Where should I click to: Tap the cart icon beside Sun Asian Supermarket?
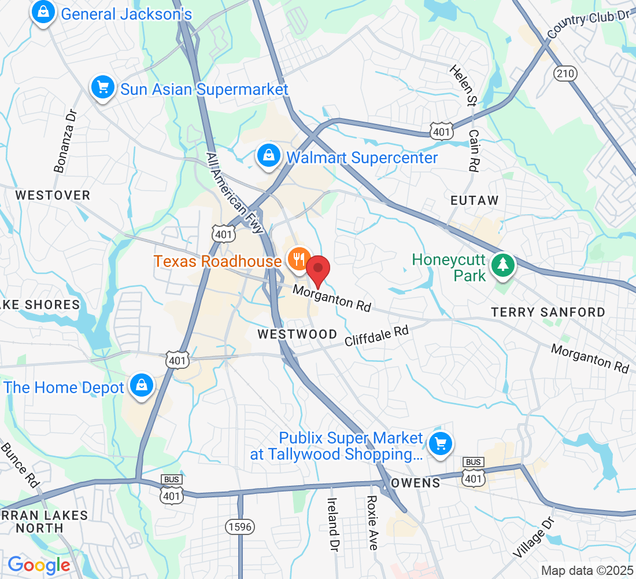[103, 88]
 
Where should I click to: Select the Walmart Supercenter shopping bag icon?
[269, 156]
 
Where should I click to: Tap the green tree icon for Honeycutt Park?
[503, 265]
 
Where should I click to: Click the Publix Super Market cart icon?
[441, 444]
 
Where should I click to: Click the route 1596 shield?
[239, 526]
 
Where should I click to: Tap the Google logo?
[39, 565]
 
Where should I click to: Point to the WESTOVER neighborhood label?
[53, 195]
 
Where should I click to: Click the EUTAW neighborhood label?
[475, 200]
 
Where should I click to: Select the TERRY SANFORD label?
[548, 312]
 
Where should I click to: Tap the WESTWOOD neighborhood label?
[297, 334]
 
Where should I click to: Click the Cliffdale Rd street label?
[376, 336]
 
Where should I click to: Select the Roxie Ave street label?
[372, 522]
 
